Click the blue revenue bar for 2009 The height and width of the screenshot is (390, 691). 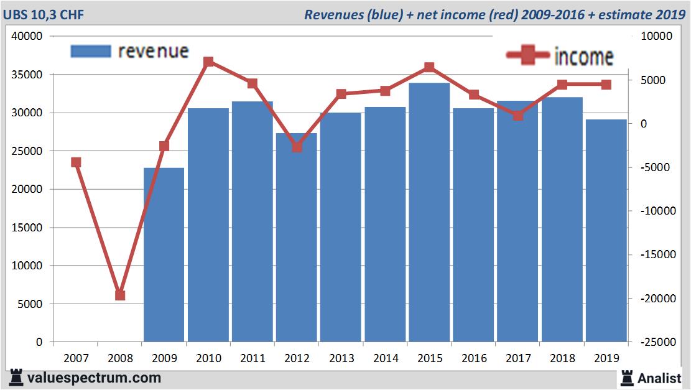pyautogui.click(x=164, y=255)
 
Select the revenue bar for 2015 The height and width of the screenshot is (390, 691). pyautogui.click(x=429, y=211)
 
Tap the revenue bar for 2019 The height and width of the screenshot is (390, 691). pyautogui.click(x=606, y=230)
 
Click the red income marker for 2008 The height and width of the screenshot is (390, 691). pyautogui.click(x=120, y=295)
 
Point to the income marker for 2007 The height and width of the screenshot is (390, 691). pyautogui.click(x=76, y=162)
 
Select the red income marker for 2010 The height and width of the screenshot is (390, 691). pyautogui.click(x=208, y=62)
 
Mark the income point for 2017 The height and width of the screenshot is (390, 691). pyautogui.click(x=518, y=115)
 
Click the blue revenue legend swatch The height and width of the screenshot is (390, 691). pyautogui.click(x=91, y=51)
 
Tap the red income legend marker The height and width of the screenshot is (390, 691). pyautogui.click(x=528, y=56)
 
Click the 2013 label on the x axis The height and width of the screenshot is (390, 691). pyautogui.click(x=341, y=358)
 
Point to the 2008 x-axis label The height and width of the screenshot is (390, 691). pyautogui.click(x=120, y=358)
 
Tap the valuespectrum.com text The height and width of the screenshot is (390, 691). pyautogui.click(x=93, y=378)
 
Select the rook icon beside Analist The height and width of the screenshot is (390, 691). pyautogui.click(x=626, y=377)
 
